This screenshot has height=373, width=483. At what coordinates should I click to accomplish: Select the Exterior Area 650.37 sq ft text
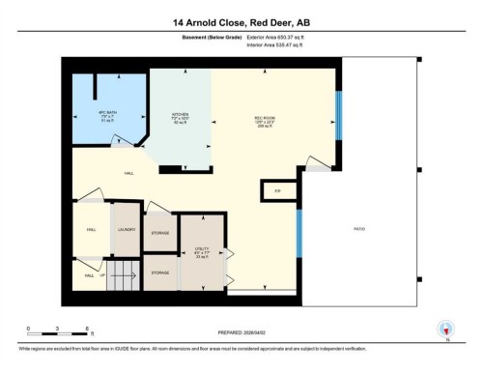[x=281, y=36]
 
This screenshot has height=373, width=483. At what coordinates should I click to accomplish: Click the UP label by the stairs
[x=101, y=275]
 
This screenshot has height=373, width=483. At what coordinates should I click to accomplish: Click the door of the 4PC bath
[x=123, y=143]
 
